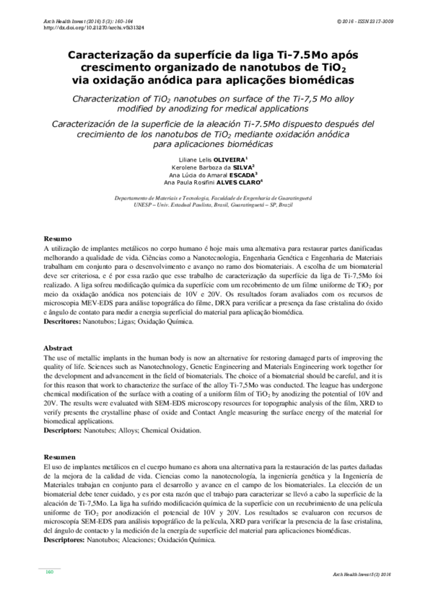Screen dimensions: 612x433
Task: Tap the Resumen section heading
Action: (60, 457)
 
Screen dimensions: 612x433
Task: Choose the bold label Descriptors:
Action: (64, 430)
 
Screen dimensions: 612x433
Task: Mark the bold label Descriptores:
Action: (65, 540)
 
